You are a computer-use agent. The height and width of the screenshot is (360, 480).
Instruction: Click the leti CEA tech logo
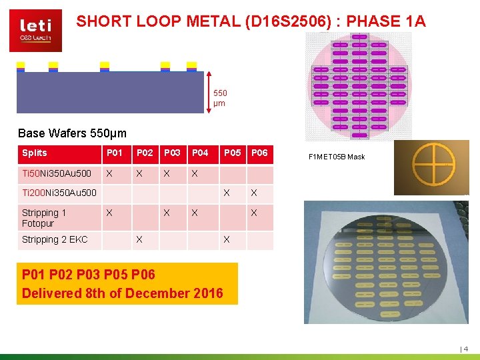coord(35,30)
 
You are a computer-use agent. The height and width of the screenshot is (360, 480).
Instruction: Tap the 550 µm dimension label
coord(219,98)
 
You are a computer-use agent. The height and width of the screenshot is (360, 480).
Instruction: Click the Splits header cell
coord(35,153)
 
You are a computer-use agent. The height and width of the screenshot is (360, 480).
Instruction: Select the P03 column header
coord(172,153)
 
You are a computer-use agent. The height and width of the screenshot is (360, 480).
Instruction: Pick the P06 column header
coord(259,153)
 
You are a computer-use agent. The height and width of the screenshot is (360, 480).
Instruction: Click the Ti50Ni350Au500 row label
coord(57,174)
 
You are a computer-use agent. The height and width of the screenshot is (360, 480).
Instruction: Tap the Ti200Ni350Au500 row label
coord(59,193)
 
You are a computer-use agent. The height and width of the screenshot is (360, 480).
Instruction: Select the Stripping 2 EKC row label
coord(55,239)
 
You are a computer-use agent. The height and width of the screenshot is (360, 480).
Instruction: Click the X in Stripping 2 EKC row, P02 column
coord(139,239)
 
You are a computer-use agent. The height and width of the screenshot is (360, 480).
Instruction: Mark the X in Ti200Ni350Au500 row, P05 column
coord(227,193)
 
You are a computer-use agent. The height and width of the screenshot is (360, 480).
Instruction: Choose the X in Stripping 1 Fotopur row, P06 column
coord(254,213)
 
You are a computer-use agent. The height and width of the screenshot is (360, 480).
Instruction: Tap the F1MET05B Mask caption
coord(337,157)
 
